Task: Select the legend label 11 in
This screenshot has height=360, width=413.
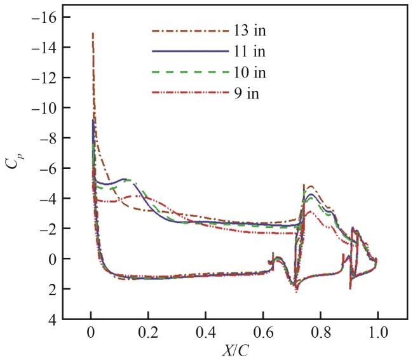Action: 250,51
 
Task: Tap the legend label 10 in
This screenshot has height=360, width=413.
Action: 250,72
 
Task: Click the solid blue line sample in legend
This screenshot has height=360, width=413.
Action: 190,51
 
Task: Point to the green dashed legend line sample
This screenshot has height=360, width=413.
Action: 190,72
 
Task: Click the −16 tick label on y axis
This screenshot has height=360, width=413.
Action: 42,17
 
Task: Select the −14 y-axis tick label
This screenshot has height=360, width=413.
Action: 42,48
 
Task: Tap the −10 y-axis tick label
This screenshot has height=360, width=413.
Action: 42,108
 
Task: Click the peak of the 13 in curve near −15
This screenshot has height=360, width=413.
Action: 93,33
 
